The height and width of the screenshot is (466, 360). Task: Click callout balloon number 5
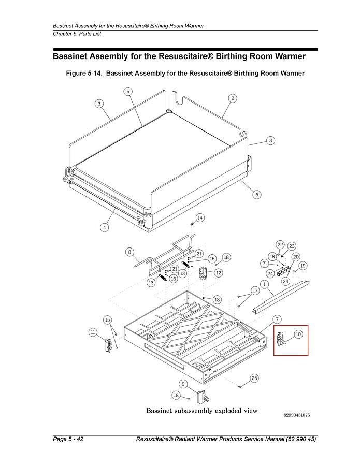tap(128, 91)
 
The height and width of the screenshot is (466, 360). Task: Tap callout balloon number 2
tap(233, 98)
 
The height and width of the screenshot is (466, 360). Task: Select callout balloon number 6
tap(257, 195)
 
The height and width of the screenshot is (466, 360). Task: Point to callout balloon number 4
tap(104, 228)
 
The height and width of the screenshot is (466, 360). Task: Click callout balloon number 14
tap(200, 218)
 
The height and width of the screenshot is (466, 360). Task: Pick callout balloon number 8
tap(129, 252)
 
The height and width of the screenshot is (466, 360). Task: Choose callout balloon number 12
tap(219, 273)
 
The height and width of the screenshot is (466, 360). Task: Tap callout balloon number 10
tap(298, 334)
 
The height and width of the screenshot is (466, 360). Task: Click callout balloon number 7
tap(277, 319)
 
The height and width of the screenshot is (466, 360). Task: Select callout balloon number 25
tap(254, 378)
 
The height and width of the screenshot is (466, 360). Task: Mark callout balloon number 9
tap(183, 384)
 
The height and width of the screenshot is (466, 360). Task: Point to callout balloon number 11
tap(93, 332)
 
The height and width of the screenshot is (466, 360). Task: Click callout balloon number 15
tap(108, 320)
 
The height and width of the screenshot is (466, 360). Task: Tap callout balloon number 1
tap(264, 284)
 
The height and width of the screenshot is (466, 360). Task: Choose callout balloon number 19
tap(303, 266)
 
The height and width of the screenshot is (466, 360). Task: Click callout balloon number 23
tap(292, 246)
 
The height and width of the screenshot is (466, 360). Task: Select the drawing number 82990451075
tap(297, 415)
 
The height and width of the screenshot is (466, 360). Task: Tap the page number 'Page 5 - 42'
tap(68, 439)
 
